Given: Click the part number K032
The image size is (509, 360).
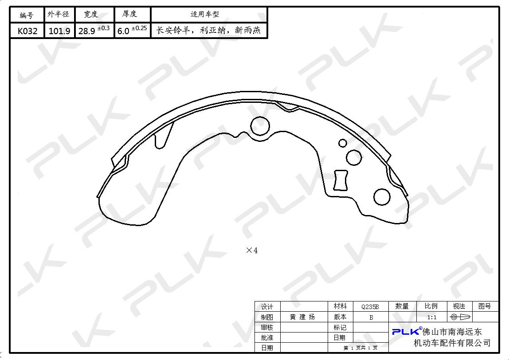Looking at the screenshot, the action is (x=27, y=31).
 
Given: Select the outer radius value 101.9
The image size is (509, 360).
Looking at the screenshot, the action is (x=59, y=31).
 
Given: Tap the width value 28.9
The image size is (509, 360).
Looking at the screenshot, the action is (x=86, y=31).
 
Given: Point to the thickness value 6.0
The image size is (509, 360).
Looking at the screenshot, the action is (x=123, y=31).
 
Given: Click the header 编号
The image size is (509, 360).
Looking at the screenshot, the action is (x=27, y=15).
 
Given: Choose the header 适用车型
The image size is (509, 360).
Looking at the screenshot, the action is (x=205, y=14).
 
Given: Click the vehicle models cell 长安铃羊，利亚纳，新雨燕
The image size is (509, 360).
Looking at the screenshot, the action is (x=209, y=31).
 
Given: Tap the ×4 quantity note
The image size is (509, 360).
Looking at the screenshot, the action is (x=252, y=250).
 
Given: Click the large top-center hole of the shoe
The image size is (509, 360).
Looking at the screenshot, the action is (x=260, y=125).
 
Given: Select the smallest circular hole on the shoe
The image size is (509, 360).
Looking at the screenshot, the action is (x=342, y=143).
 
